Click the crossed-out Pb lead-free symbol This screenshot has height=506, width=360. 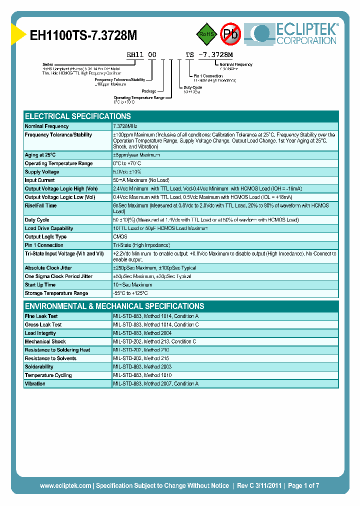click(x=231, y=34)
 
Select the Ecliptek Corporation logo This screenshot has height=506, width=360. click(x=295, y=33)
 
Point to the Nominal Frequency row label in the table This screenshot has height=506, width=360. click(x=46, y=126)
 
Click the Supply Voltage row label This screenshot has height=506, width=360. click(x=42, y=172)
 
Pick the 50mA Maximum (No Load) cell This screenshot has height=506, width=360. click(x=141, y=180)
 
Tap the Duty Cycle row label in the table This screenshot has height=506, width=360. click(x=37, y=220)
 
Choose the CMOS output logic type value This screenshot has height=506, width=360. click(x=120, y=237)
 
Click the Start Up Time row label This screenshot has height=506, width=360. click(x=40, y=285)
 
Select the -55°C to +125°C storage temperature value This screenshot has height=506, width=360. click(x=130, y=293)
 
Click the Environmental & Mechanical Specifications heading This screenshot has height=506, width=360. click(x=114, y=306)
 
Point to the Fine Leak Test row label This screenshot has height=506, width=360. click(x=41, y=316)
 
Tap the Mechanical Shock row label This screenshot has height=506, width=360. click(x=45, y=342)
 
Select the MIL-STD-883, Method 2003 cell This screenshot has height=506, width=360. click(x=142, y=367)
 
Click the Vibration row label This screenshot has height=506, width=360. click(x=35, y=384)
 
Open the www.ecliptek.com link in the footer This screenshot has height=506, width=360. click(x=65, y=485)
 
